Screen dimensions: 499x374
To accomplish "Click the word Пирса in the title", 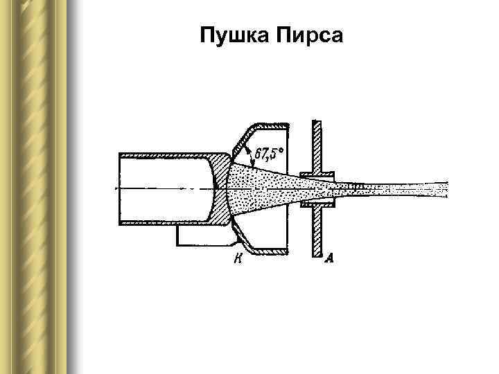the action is [x=308, y=35].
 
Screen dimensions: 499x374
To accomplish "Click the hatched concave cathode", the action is [x=221, y=188].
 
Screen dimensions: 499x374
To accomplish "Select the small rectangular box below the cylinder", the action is [x=201, y=235].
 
